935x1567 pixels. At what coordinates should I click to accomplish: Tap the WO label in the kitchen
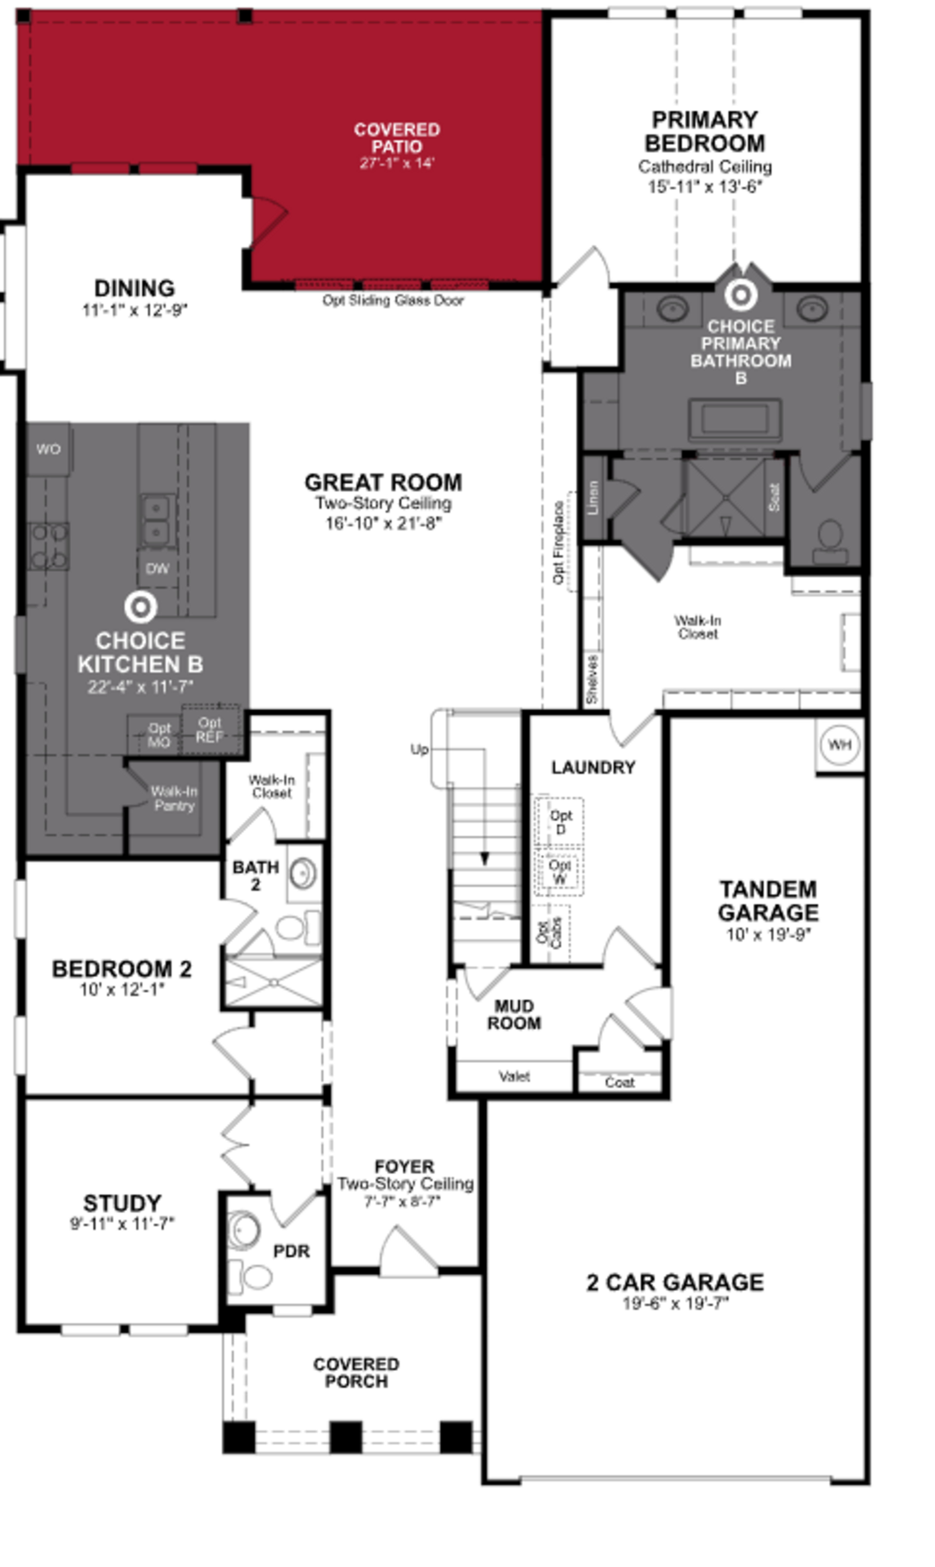point(48,449)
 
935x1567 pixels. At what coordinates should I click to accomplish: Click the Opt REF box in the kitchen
point(210,730)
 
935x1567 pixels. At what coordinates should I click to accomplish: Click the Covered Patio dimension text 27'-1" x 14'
point(397,163)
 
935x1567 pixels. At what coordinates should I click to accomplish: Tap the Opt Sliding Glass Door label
point(393,301)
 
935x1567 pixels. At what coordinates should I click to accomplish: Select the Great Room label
point(383,483)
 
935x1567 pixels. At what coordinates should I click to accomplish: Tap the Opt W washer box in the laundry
point(559,872)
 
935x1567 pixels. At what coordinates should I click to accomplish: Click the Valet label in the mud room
point(514,1077)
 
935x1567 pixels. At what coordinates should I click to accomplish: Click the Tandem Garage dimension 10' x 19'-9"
point(768,935)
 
